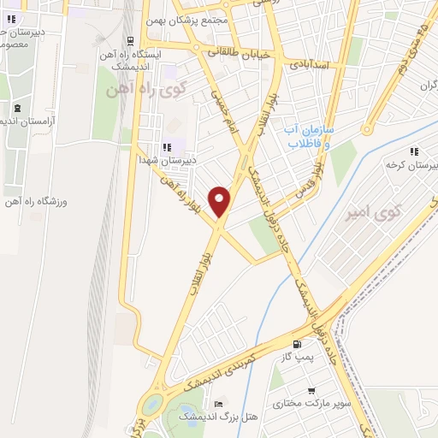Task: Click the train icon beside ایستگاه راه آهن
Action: pyautogui.click(x=129, y=40)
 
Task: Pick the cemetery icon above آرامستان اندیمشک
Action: pyautogui.click(x=18, y=108)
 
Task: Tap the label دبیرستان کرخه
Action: pyautogui.click(x=405, y=163)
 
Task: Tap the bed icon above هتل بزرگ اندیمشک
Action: pyautogui.click(x=219, y=404)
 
